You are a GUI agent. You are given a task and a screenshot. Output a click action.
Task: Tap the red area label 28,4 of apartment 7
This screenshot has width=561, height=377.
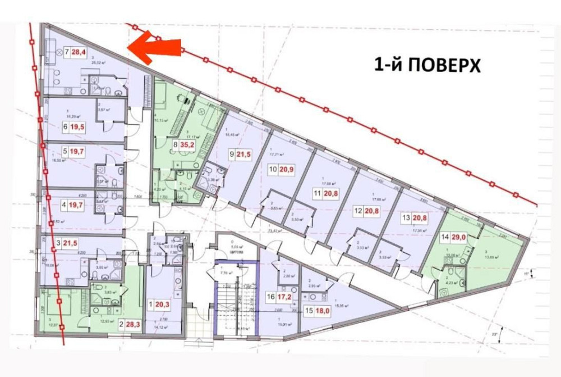click(x=80, y=53)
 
